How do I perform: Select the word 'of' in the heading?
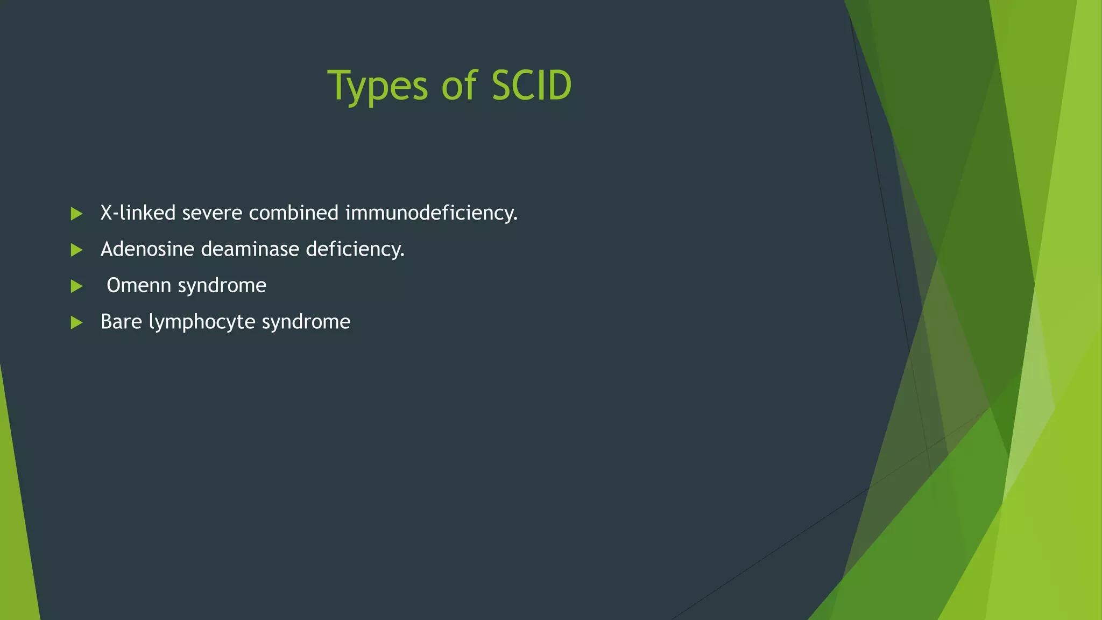(459, 86)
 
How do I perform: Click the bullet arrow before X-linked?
(76, 214)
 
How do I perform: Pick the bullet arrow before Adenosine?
(76, 250)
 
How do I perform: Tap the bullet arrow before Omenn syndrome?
(76, 286)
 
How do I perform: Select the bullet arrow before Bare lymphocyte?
(76, 322)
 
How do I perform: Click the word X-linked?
(138, 213)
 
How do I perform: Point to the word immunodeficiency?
(431, 213)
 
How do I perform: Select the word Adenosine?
(147, 249)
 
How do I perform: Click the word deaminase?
(250, 249)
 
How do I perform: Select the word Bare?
(121, 322)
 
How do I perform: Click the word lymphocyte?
(202, 322)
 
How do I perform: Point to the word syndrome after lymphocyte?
(306, 322)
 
